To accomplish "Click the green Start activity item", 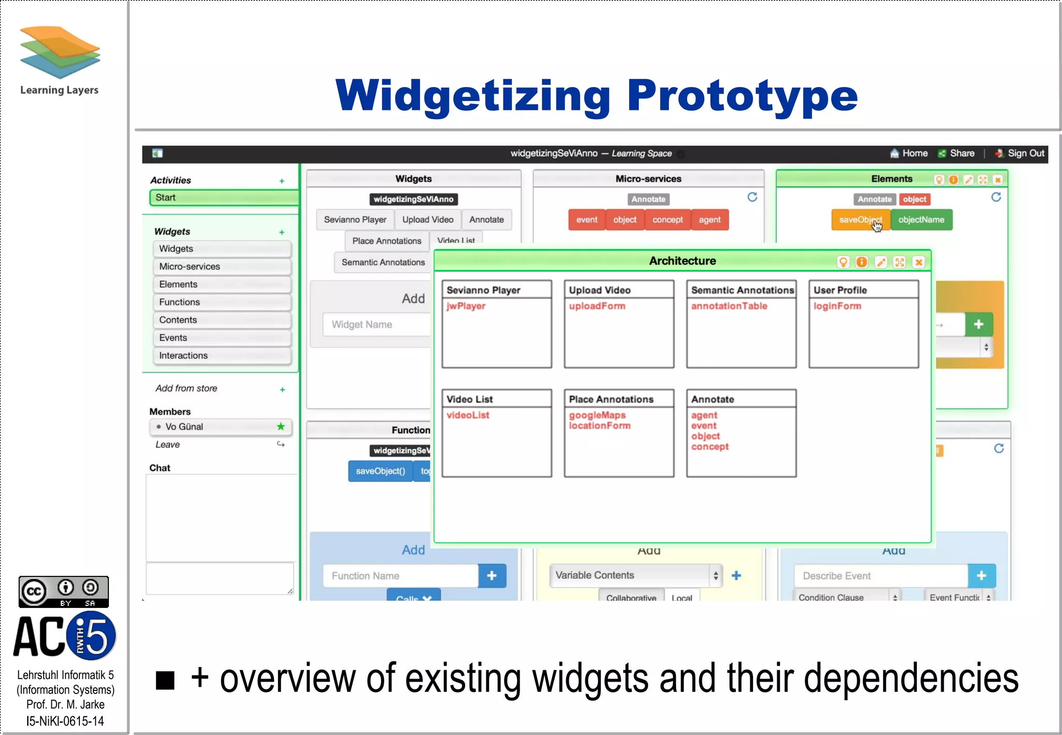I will tap(223, 197).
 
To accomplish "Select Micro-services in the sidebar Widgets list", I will tap(221, 266).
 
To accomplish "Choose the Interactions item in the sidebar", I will tap(221, 356).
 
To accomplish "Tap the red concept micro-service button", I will tap(667, 220).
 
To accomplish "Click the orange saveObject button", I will tap(860, 220).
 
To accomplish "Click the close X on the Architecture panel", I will tap(918, 262).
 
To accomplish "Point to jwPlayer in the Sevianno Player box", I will tap(466, 306).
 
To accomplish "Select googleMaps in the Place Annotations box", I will tap(597, 415).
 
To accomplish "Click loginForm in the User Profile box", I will tap(837, 306).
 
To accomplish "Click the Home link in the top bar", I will tap(909, 153).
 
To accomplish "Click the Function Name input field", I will tap(400, 576).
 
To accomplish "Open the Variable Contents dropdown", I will tap(635, 575).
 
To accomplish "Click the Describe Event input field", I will tap(880, 576).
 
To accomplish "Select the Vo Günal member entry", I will tap(220, 427).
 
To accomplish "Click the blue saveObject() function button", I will tap(380, 471).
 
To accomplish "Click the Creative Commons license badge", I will tap(64, 591).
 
